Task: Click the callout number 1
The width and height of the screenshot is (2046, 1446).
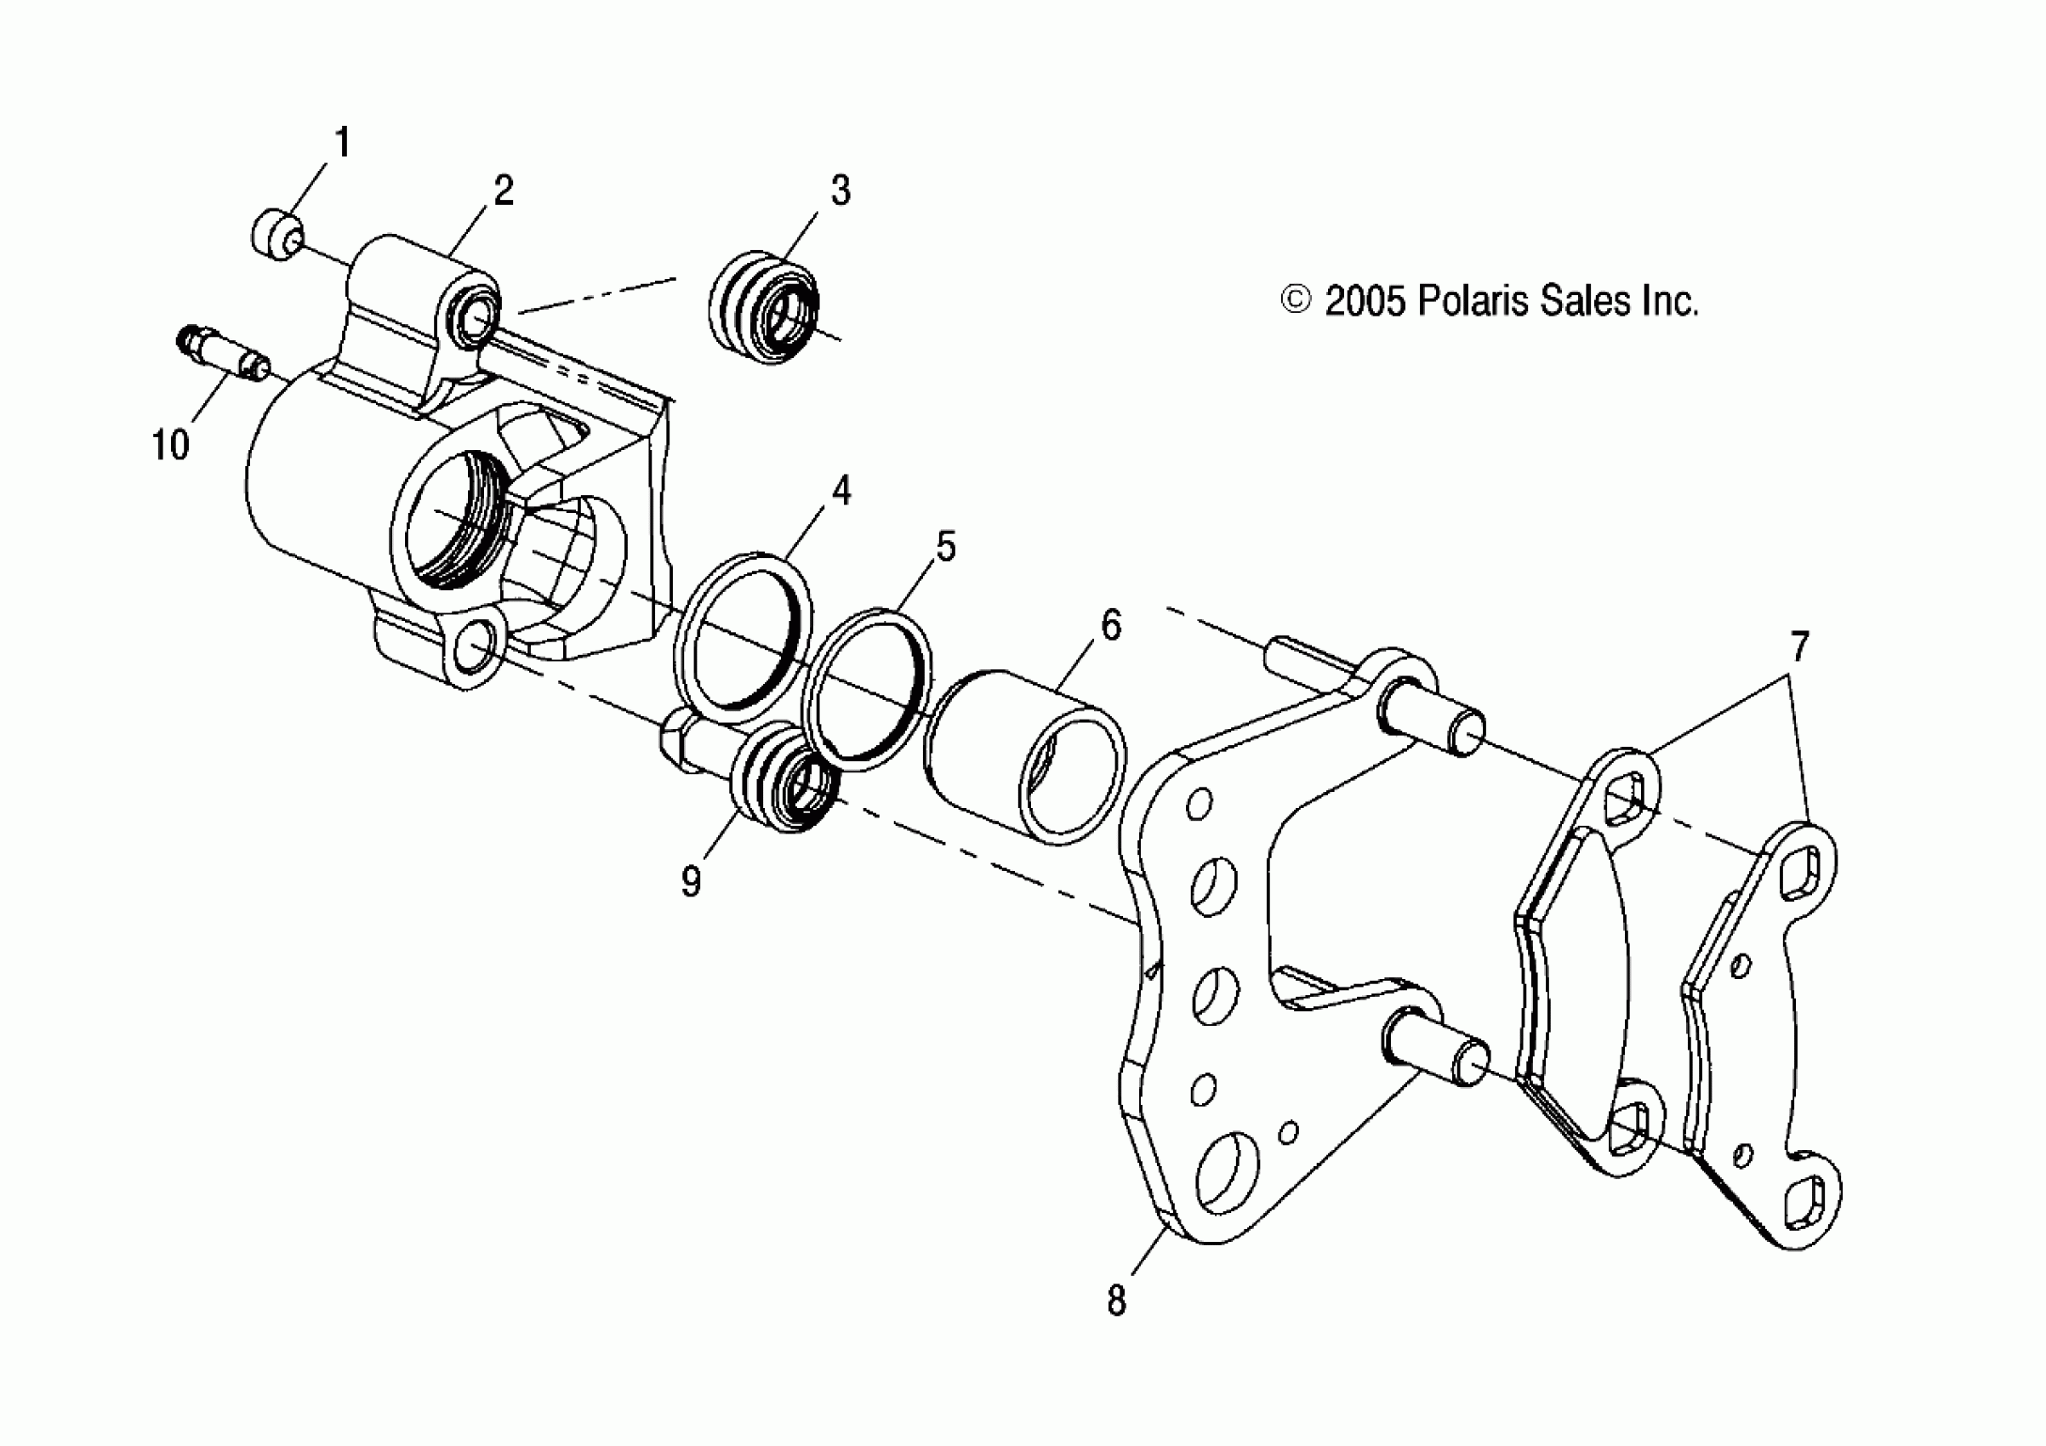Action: point(342,144)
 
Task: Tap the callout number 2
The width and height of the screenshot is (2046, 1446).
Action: point(504,191)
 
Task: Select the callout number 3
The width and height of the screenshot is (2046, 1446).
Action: point(841,191)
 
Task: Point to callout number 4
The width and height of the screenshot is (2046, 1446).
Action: point(841,490)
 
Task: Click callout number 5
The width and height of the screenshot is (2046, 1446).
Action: point(945,546)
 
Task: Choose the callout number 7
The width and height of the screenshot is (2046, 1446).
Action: point(1799,646)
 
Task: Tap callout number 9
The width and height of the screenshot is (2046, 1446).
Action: point(691,881)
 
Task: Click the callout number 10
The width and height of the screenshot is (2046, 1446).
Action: point(170,445)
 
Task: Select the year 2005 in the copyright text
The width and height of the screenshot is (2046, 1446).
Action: point(1365,301)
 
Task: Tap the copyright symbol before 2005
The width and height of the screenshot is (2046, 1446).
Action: point(1296,300)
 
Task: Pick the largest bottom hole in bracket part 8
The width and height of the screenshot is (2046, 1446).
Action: point(1226,1172)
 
